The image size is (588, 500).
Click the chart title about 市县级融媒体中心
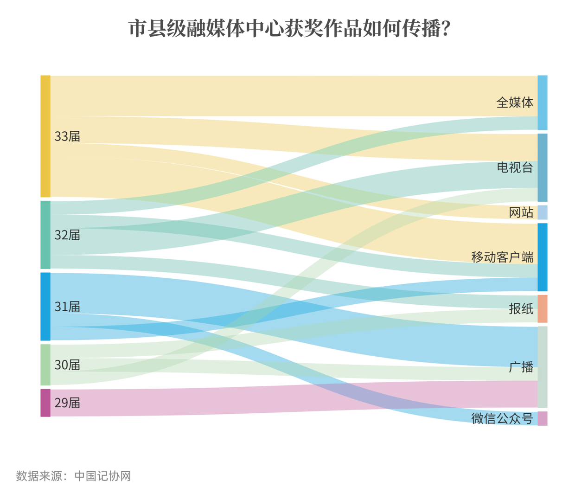coord(289,29)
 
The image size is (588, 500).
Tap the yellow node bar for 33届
coord(45,136)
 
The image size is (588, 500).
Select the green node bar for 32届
coord(45,235)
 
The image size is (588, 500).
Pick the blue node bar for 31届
coord(45,307)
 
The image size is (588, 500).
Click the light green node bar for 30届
coord(45,365)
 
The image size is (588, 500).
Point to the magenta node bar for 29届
coord(45,403)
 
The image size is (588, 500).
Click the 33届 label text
coord(67,136)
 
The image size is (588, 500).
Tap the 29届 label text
coord(67,403)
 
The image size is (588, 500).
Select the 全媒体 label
coord(515,103)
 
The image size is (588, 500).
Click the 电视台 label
coord(515,167)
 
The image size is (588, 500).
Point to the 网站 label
coord(521,212)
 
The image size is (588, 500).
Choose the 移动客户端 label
coord(502,257)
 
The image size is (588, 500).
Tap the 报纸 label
coord(521,309)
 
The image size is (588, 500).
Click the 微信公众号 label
coord(502,418)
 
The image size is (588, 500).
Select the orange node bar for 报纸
coord(543,309)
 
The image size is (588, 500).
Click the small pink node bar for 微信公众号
coord(543,418)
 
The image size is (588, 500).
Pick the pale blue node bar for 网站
coord(543,212)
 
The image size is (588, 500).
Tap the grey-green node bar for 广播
coord(543,367)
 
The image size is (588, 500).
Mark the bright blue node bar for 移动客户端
coord(543,257)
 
